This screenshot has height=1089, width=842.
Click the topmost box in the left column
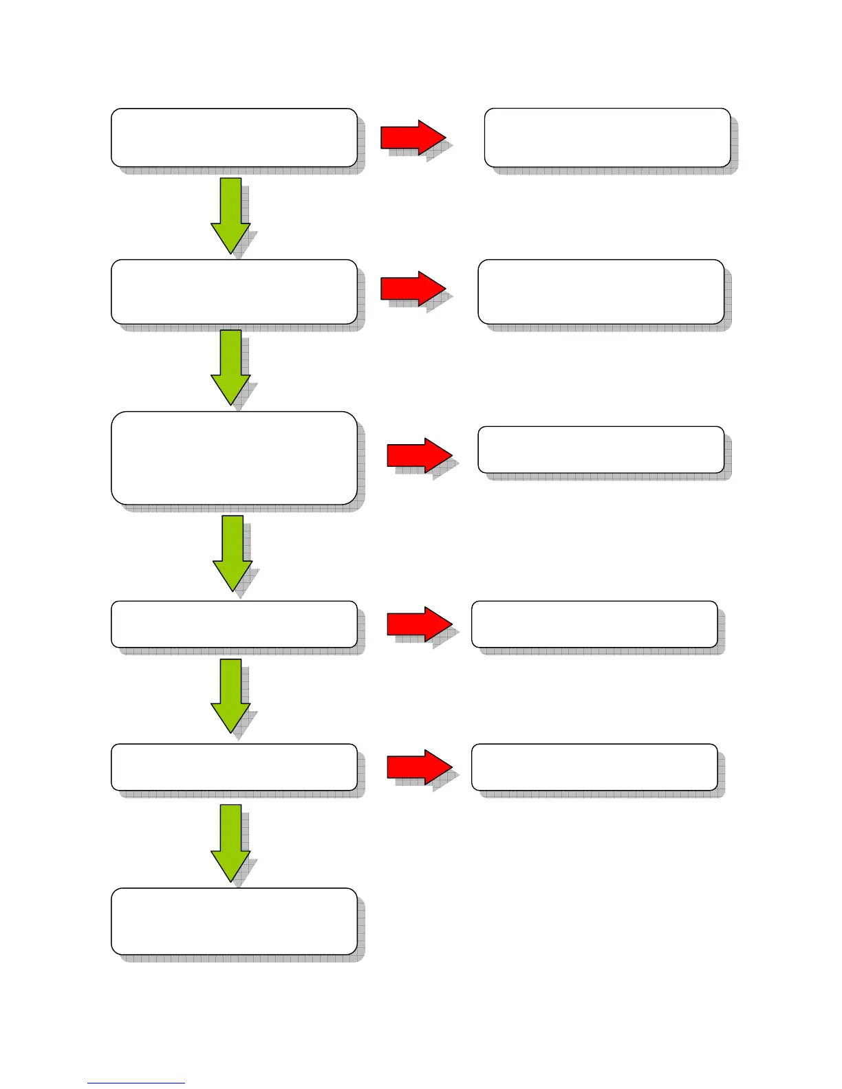point(234,137)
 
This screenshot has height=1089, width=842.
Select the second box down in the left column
point(234,291)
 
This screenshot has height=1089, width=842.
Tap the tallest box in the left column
point(234,458)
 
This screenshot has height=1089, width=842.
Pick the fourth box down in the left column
point(234,624)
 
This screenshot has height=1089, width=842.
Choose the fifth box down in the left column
point(234,767)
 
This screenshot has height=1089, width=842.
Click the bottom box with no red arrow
point(234,921)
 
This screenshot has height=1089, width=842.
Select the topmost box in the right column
point(607,137)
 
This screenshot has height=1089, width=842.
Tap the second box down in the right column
point(601,291)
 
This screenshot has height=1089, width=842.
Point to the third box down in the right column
point(601,450)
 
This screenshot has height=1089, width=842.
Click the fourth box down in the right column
point(594,624)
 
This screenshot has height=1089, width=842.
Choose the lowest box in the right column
point(594,767)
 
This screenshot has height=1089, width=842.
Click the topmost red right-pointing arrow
point(413,137)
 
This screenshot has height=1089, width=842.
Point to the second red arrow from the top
point(413,288)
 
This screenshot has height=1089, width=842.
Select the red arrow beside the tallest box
point(419,455)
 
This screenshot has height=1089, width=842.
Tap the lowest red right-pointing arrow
point(419,767)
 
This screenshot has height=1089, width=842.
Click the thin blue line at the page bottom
point(136,1083)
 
